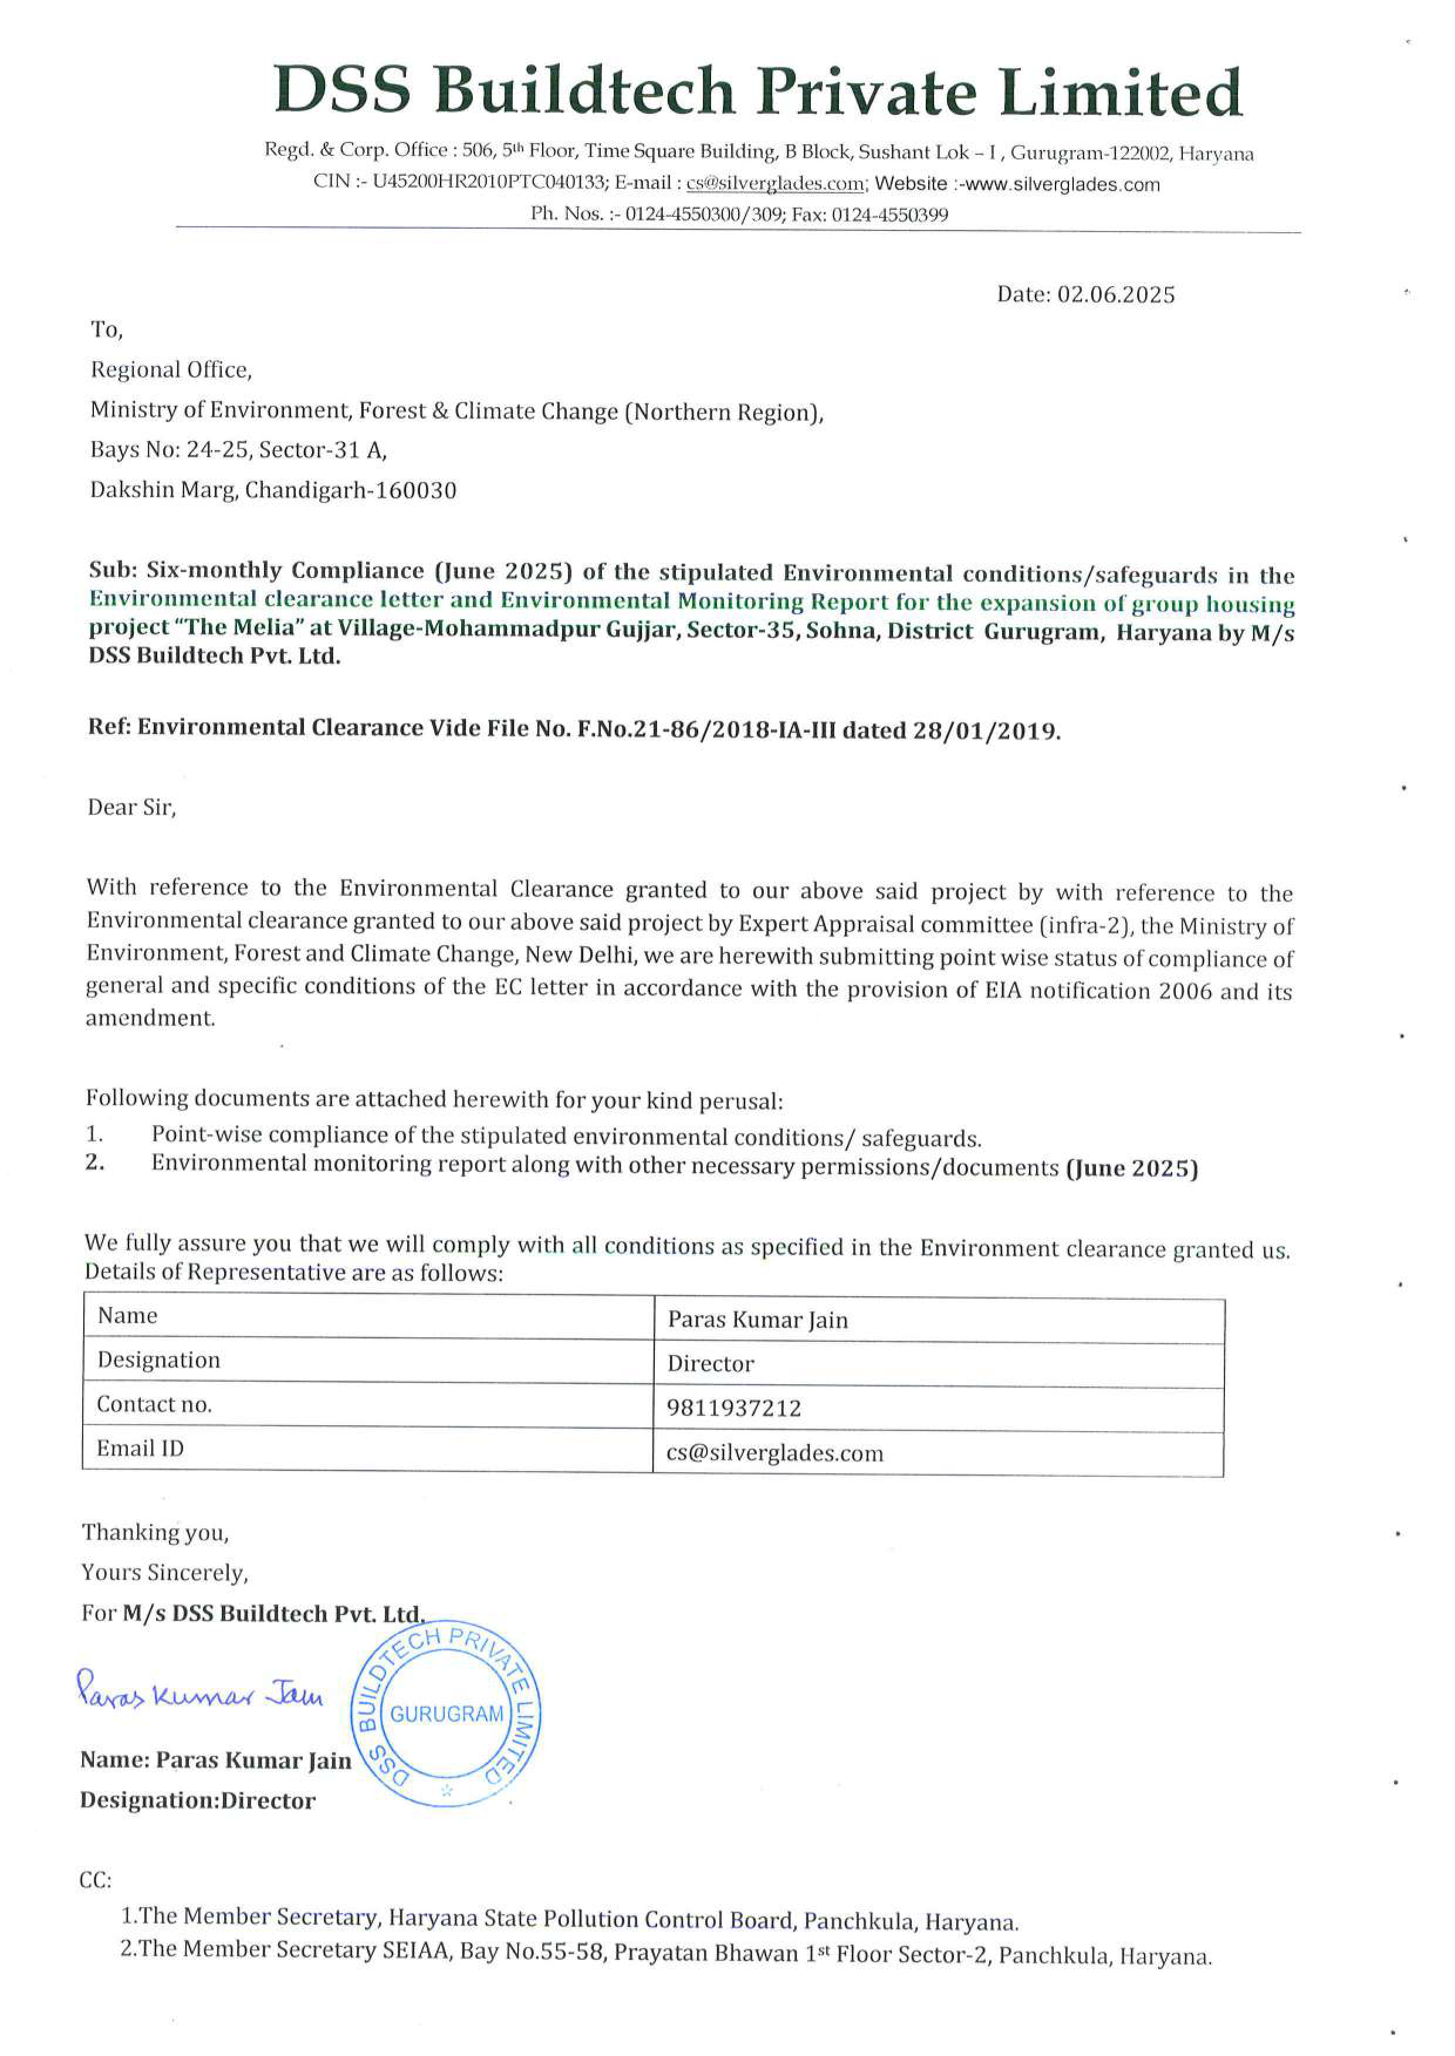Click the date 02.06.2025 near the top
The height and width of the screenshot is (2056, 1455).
pyautogui.click(x=1115, y=295)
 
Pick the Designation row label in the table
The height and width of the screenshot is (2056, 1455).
pyautogui.click(x=158, y=1360)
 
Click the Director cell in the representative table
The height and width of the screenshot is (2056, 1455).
pyautogui.click(x=710, y=1364)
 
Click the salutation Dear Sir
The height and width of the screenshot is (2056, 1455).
pyautogui.click(x=131, y=808)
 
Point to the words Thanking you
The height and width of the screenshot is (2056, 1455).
pyautogui.click(x=155, y=1532)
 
